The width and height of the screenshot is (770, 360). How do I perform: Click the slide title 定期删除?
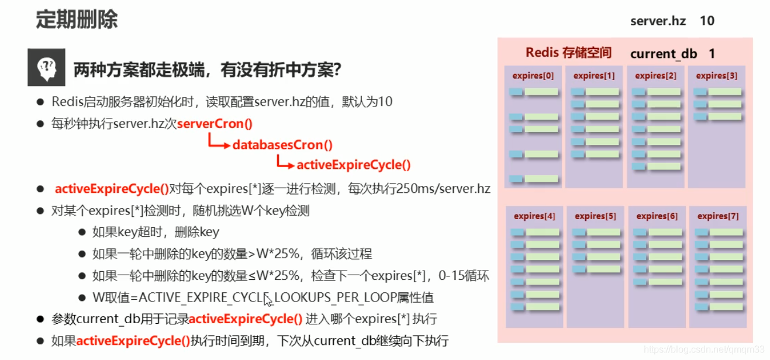click(76, 19)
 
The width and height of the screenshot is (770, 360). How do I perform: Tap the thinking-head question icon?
click(46, 68)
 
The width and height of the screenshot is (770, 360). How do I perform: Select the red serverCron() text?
click(215, 124)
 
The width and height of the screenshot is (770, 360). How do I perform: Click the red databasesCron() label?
click(282, 145)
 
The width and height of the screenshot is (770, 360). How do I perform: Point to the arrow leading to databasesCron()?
click(219, 143)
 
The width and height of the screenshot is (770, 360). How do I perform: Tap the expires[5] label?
click(595, 216)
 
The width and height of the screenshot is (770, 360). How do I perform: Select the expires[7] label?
click(717, 216)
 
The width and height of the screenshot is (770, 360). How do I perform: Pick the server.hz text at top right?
click(658, 21)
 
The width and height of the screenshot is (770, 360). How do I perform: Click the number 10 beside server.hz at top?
click(707, 21)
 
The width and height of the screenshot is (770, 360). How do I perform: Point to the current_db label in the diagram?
click(664, 54)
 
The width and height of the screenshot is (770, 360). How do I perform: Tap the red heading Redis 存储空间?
click(568, 53)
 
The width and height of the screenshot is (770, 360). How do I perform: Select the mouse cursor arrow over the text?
click(268, 300)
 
